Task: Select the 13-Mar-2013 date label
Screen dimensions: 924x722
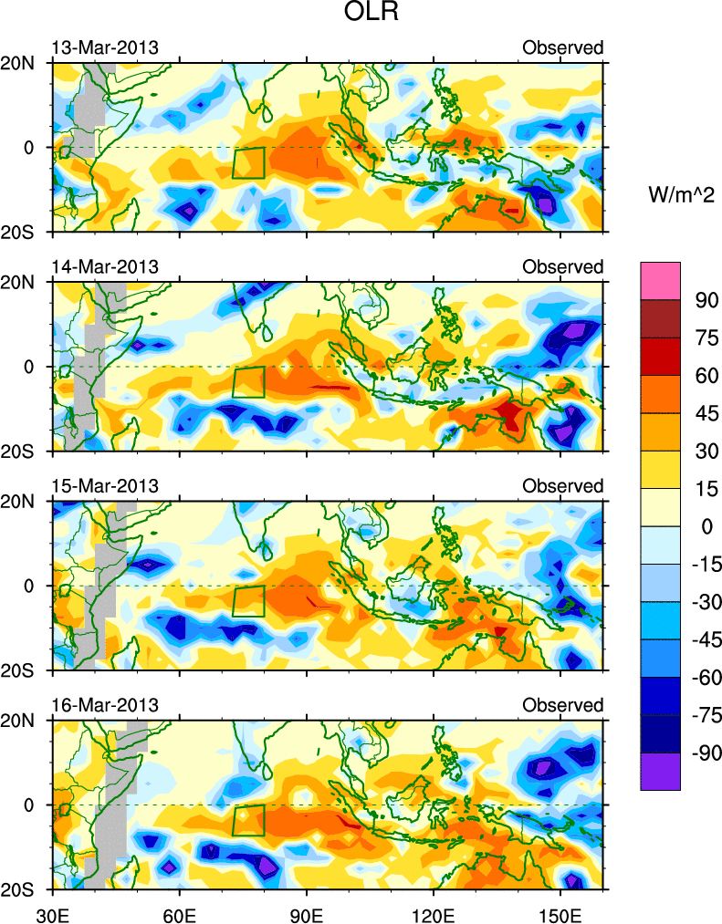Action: click(x=105, y=47)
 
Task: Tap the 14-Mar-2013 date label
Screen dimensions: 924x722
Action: click(x=105, y=266)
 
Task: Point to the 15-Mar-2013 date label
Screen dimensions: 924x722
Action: click(x=105, y=485)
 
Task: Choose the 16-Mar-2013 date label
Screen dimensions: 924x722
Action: click(x=105, y=705)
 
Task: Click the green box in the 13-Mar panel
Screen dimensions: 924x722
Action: click(x=248, y=162)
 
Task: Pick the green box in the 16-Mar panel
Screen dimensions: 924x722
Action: click(x=248, y=820)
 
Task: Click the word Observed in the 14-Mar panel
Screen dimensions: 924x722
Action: click(x=563, y=266)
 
